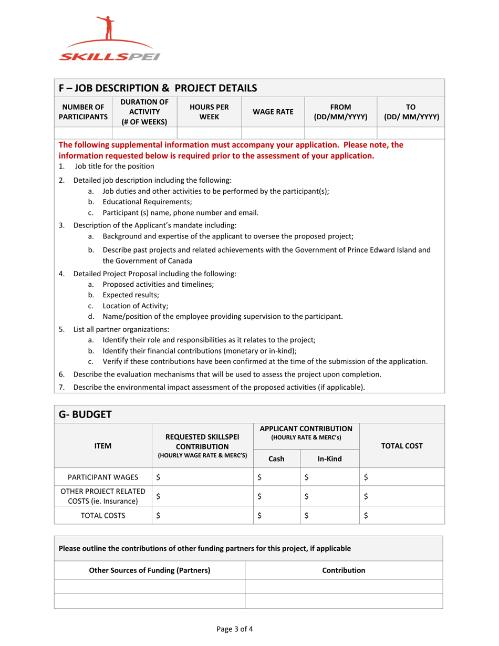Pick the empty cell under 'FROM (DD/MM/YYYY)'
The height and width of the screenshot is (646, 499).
[341, 133]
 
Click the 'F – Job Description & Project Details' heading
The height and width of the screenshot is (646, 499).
[158, 87]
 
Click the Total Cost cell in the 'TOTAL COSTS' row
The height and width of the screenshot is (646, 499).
[402, 515]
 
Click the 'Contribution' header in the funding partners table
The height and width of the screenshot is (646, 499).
[344, 570]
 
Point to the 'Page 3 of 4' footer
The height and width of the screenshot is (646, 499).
[250, 628]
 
